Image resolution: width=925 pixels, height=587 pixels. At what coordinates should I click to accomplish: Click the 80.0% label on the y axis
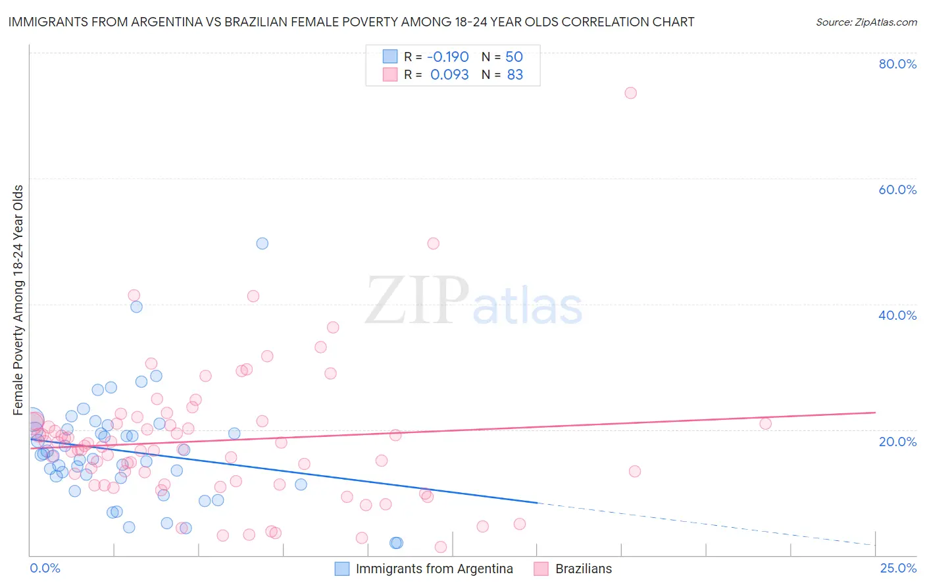(x=897, y=64)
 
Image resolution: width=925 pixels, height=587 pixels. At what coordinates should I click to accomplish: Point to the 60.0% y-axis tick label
(x=897, y=190)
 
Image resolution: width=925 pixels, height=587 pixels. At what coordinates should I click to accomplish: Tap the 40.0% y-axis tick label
(x=897, y=315)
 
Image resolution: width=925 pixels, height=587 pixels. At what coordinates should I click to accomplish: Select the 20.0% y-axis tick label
(x=897, y=441)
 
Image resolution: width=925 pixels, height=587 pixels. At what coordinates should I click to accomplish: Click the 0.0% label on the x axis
(x=45, y=568)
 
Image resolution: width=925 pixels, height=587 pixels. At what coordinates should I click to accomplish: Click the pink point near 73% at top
(x=630, y=93)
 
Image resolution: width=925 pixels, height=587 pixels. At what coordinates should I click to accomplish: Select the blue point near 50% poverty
(x=262, y=243)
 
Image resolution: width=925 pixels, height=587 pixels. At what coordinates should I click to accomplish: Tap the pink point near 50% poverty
(x=433, y=243)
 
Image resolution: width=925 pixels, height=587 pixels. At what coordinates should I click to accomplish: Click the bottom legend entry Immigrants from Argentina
(x=434, y=569)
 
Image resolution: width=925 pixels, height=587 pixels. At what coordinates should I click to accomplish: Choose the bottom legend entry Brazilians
(x=583, y=569)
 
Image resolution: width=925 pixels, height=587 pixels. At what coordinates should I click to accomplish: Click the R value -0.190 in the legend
(x=447, y=57)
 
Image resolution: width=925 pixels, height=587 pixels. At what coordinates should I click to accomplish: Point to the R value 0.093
(x=449, y=75)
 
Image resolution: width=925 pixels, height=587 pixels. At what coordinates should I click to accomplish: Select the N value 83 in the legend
(x=514, y=75)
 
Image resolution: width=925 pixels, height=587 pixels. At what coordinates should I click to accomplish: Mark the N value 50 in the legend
(x=514, y=57)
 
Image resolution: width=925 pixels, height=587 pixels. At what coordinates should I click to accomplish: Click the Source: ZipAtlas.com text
(x=866, y=22)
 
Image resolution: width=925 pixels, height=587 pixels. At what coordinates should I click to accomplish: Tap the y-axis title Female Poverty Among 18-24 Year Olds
(x=18, y=300)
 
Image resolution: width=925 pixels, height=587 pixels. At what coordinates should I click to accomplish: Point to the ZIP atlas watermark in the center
(x=474, y=301)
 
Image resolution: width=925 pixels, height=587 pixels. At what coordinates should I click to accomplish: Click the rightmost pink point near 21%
(x=765, y=424)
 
